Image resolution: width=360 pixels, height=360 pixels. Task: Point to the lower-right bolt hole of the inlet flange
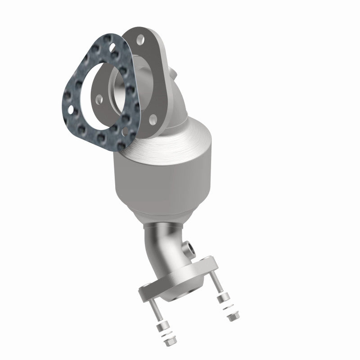[x=153, y=119]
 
